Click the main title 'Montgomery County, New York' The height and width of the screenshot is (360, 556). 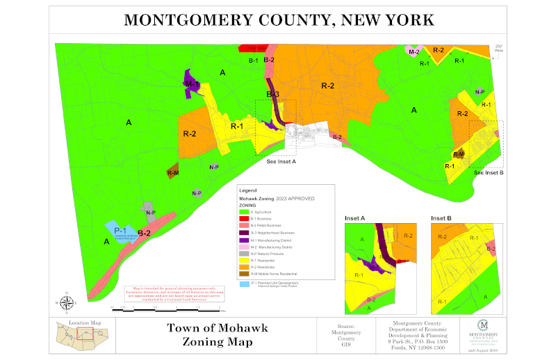pyautogui.click(x=278, y=19)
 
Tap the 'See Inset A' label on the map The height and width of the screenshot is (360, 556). pyautogui.click(x=281, y=161)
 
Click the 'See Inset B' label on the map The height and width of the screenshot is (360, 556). pyautogui.click(x=489, y=172)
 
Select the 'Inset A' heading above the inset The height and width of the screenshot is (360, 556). pyautogui.click(x=355, y=218)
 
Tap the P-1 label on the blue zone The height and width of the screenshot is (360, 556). pyautogui.click(x=120, y=230)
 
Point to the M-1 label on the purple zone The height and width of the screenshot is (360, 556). pyautogui.click(x=192, y=84)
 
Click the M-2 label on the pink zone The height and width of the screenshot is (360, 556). pyautogui.click(x=414, y=52)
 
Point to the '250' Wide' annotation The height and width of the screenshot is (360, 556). pyautogui.click(x=498, y=49)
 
